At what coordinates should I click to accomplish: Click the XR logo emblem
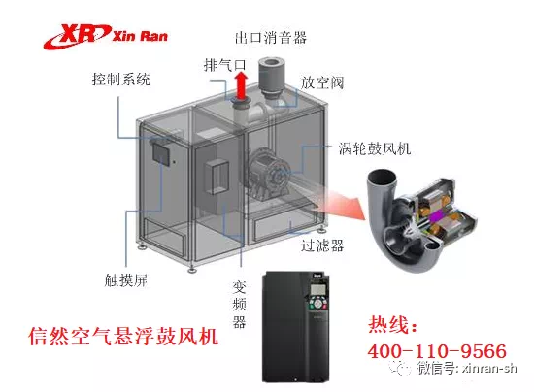(77, 36)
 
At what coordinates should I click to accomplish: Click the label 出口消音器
(271, 37)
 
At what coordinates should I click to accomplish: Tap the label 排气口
(225, 65)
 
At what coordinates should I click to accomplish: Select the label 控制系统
(121, 79)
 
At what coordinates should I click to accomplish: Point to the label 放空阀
(322, 82)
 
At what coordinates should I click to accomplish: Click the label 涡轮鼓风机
(375, 148)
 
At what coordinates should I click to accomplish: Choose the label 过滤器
(322, 245)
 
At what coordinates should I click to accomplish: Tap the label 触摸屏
(126, 280)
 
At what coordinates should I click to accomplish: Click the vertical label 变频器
(239, 305)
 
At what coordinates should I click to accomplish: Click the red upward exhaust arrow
(242, 86)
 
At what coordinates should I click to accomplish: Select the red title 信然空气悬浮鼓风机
(123, 336)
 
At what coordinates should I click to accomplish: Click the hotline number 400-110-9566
(437, 351)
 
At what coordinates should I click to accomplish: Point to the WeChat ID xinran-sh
(489, 369)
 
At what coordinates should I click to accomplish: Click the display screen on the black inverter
(318, 289)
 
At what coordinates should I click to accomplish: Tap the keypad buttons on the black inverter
(318, 304)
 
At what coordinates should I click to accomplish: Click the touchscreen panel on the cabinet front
(161, 152)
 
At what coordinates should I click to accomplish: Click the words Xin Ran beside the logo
(140, 36)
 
